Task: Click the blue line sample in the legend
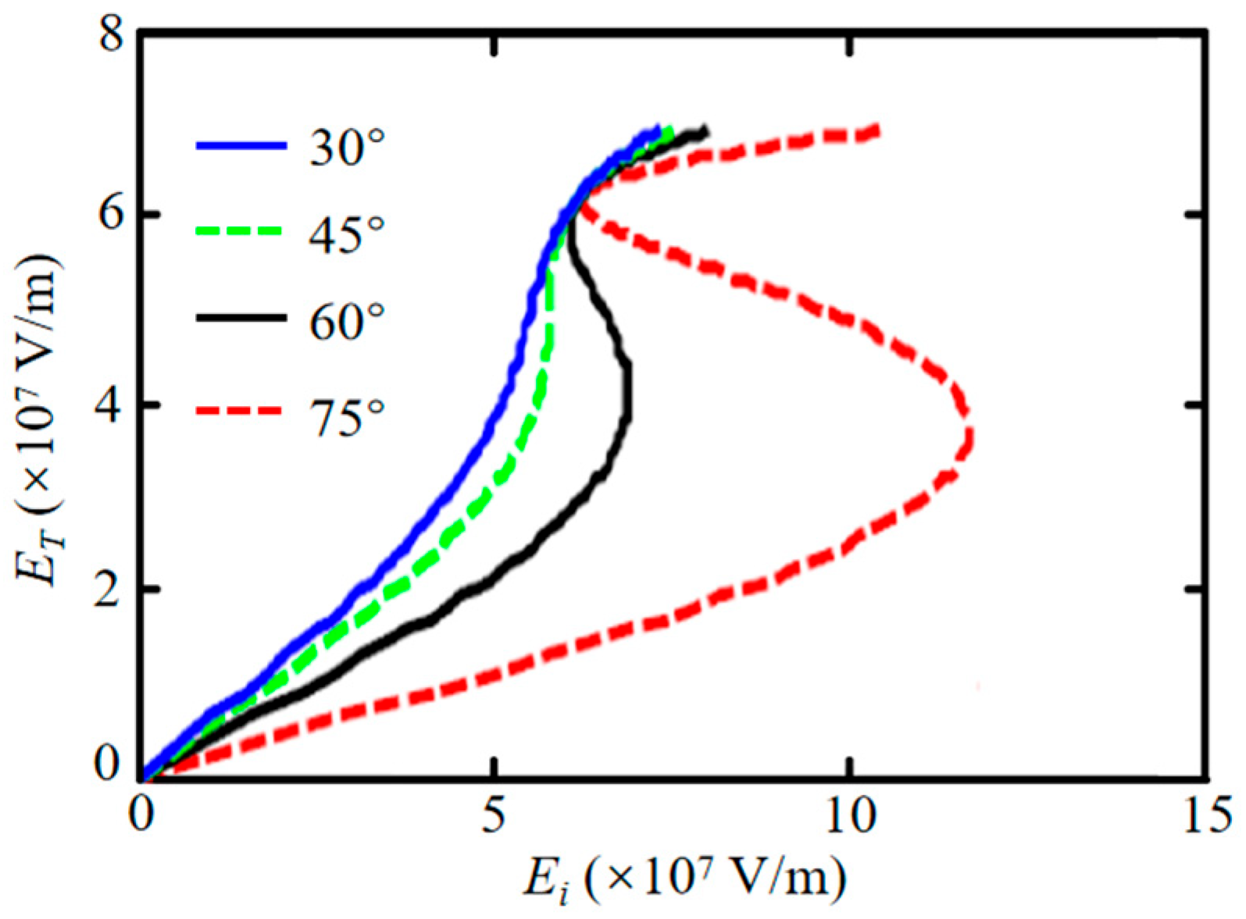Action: [x=241, y=146]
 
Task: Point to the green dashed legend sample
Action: [x=241, y=232]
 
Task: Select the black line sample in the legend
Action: [x=241, y=318]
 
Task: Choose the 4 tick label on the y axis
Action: [x=111, y=405]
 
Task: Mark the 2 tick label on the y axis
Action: [x=111, y=589]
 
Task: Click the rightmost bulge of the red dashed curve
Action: [x=969, y=437]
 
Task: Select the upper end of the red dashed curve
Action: [x=877, y=130]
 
